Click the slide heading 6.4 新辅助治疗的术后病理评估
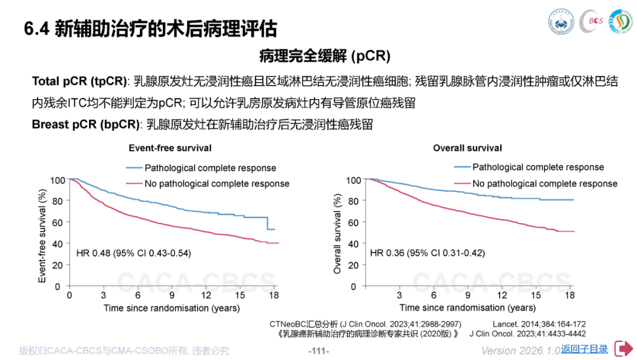point(150,28)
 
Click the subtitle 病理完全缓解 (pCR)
point(324,56)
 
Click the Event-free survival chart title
point(170,148)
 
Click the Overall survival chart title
point(468,148)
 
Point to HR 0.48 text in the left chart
point(133,253)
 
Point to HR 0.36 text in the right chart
point(426,253)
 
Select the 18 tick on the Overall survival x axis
point(570,295)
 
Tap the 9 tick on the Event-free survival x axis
point(172,295)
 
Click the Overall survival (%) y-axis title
point(337,233)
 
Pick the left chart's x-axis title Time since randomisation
point(172,307)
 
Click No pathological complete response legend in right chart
point(544,184)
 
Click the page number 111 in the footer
point(318,351)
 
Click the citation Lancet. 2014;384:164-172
point(539,324)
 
